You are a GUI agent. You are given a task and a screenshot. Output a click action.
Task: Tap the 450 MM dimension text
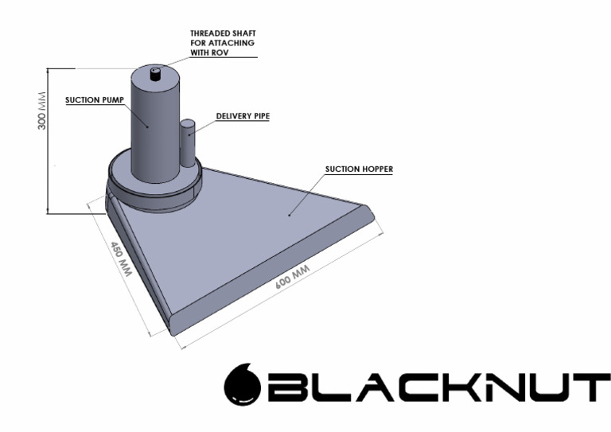120,256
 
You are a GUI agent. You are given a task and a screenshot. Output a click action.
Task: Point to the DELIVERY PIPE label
243,116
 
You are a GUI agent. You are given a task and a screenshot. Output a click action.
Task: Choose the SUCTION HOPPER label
359,169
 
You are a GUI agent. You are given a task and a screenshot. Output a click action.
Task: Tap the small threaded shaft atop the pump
155,73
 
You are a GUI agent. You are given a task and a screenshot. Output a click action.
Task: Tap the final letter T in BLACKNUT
583,387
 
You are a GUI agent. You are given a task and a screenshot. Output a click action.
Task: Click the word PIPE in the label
259,116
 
